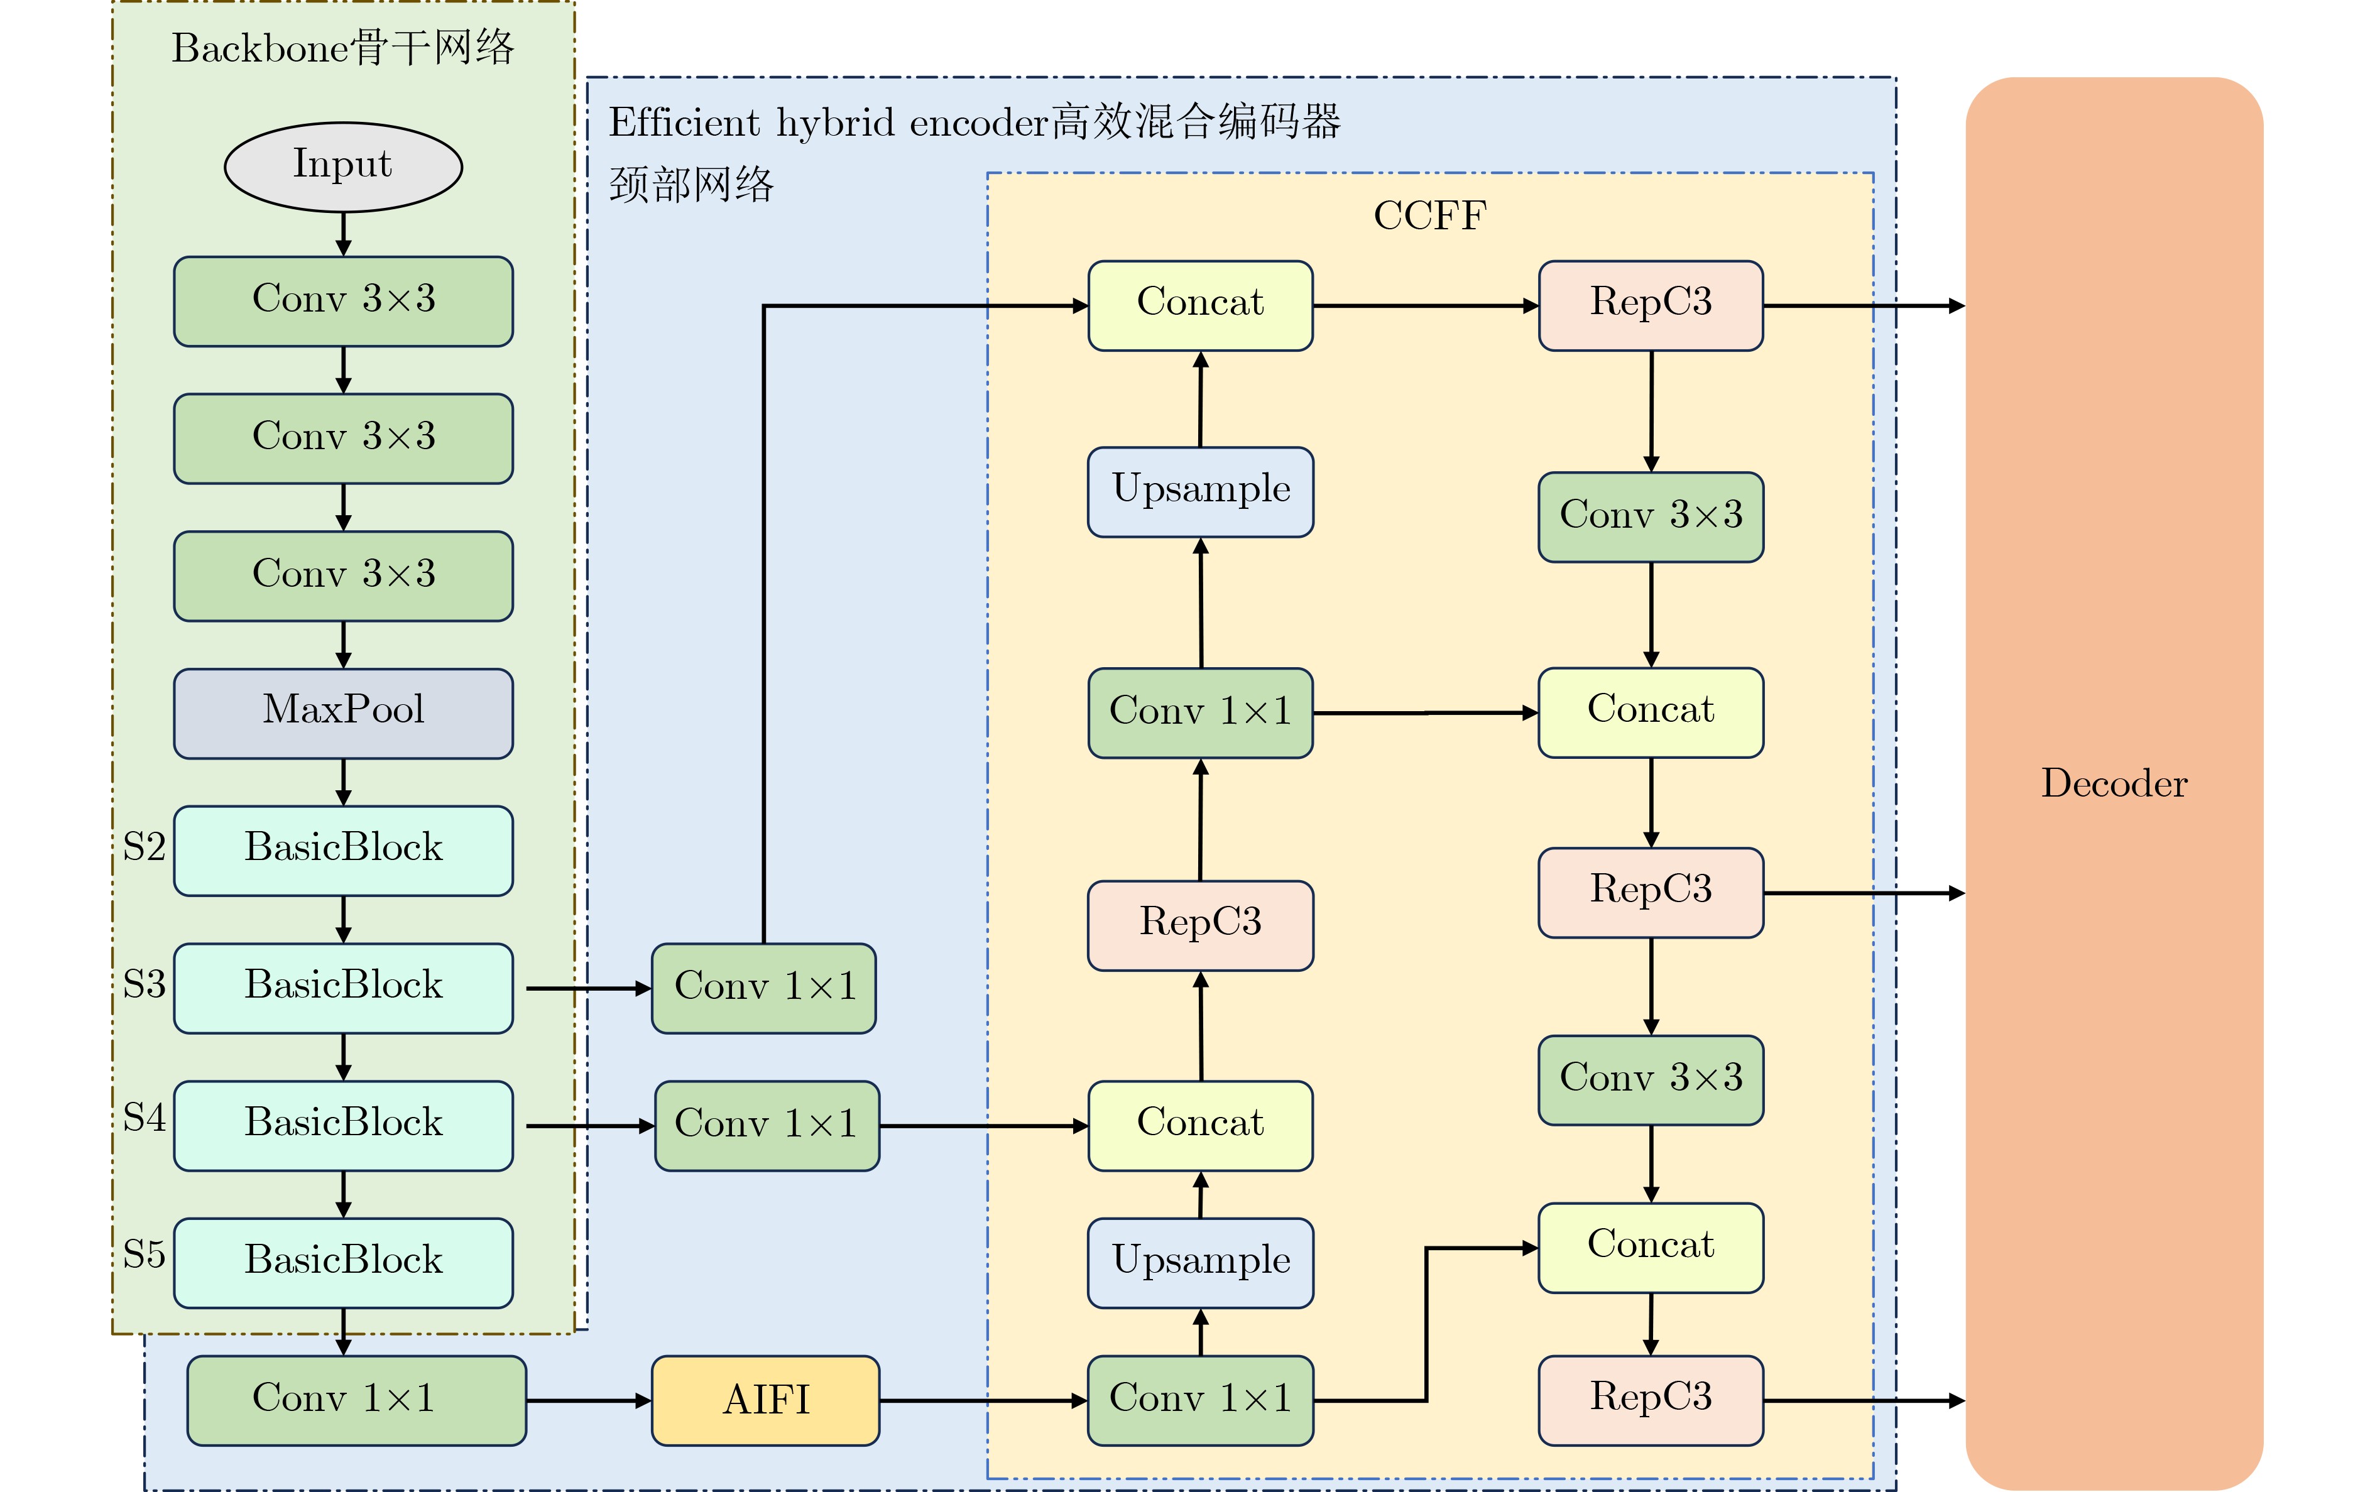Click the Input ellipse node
342,166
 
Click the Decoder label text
2114,783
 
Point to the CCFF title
1429,215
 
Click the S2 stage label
144,846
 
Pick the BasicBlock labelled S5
342,1262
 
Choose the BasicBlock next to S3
342,987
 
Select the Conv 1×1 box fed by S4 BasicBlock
767,1125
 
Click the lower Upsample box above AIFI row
1200,1262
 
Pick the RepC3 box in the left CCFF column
1200,925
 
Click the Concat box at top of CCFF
1200,305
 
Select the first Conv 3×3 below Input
342,301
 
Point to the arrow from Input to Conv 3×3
342,235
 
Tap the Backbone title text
342,47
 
